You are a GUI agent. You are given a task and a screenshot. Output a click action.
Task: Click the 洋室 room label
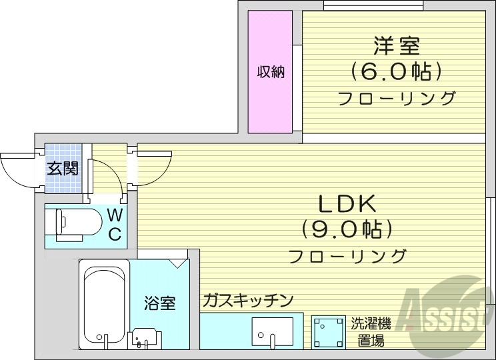[x=396, y=47]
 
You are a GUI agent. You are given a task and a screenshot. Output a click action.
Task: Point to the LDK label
[x=347, y=204]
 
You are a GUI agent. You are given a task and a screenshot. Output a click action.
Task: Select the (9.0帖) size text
[x=347, y=229]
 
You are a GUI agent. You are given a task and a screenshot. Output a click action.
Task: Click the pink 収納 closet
[x=271, y=72]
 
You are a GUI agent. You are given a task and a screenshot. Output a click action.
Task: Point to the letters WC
[x=115, y=225]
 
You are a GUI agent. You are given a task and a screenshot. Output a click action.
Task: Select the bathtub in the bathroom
[x=103, y=303]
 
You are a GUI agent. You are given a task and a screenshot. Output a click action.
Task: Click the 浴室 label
[x=160, y=303]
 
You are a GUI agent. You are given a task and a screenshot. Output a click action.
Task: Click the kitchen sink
[x=273, y=331]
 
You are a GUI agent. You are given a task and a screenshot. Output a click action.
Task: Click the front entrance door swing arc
[x=17, y=170]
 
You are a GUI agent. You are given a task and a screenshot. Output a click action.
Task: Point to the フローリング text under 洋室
[x=396, y=98]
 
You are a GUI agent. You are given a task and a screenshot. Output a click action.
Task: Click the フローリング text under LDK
[x=347, y=255]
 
